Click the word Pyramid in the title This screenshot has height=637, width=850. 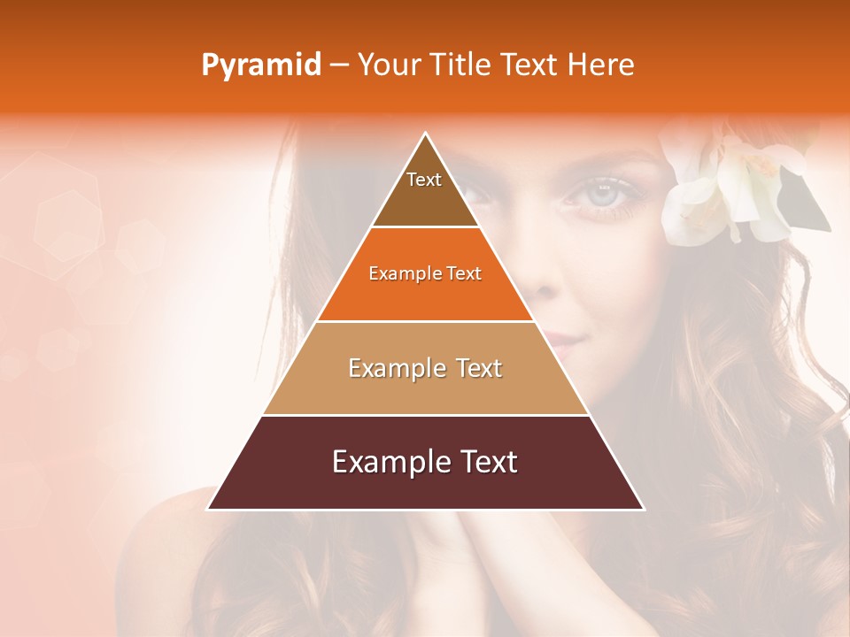(x=260, y=65)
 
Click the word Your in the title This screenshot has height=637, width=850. (x=387, y=65)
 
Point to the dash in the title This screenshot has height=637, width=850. (x=338, y=65)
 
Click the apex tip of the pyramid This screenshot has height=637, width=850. (x=425, y=134)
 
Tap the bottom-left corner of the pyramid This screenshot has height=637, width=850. (x=209, y=508)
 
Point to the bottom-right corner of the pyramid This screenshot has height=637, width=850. (x=642, y=508)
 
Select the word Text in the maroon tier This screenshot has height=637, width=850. (x=486, y=462)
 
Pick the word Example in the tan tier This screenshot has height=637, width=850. (x=392, y=368)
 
